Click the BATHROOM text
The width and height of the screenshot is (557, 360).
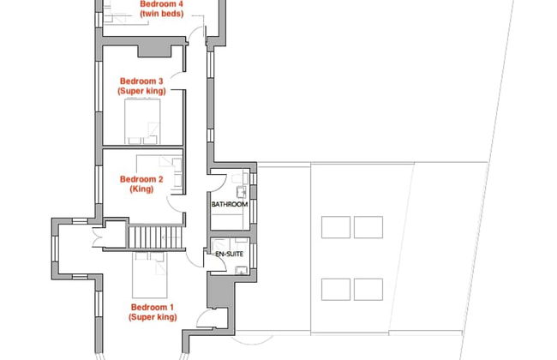click(230, 204)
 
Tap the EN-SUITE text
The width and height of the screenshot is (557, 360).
click(230, 254)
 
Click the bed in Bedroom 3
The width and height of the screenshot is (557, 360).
click(142, 121)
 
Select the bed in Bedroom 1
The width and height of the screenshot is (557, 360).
click(150, 274)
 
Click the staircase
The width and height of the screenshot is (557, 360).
click(156, 237)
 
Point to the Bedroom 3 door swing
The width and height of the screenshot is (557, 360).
click(177, 75)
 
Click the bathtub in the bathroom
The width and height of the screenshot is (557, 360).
click(226, 222)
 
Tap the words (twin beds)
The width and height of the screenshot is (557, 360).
click(162, 14)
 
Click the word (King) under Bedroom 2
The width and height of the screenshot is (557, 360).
click(141, 189)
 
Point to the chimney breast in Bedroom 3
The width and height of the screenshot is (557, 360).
click(154, 51)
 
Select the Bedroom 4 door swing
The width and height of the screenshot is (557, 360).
click(195, 33)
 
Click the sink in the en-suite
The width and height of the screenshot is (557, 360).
click(242, 270)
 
